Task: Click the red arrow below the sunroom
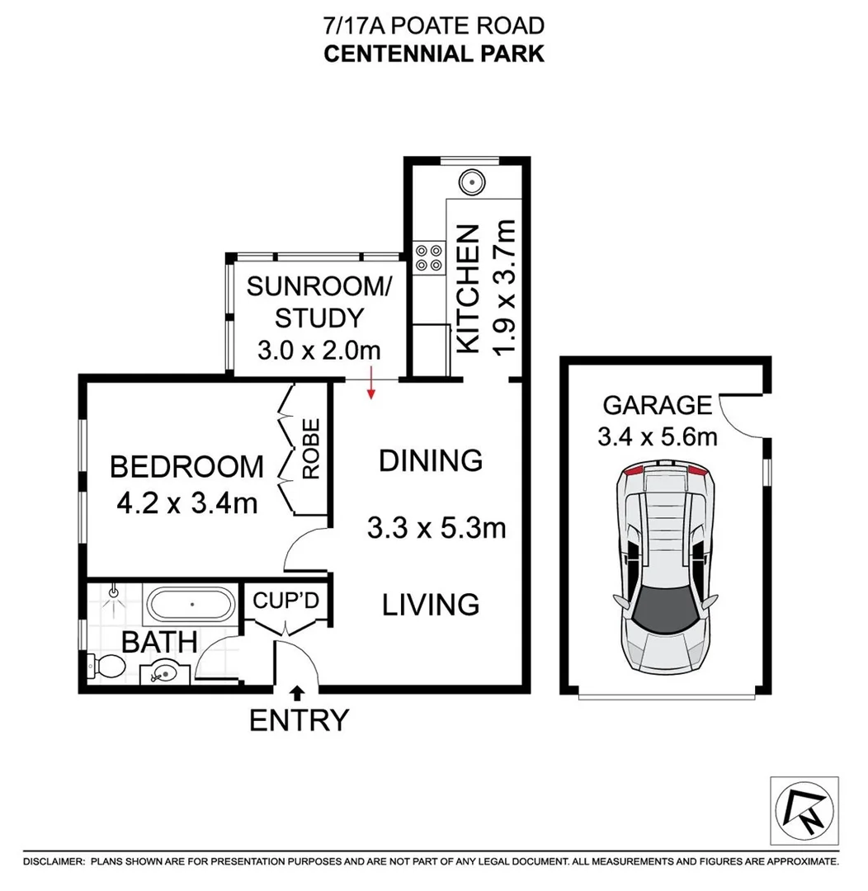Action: click(371, 384)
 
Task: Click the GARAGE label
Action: click(657, 405)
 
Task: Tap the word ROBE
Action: click(311, 450)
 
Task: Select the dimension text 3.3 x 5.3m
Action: click(436, 527)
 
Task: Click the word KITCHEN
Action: click(468, 289)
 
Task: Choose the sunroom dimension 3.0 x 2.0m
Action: click(318, 350)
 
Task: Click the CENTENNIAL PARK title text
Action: click(433, 54)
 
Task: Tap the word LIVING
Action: click(431, 605)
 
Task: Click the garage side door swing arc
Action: click(740, 415)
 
